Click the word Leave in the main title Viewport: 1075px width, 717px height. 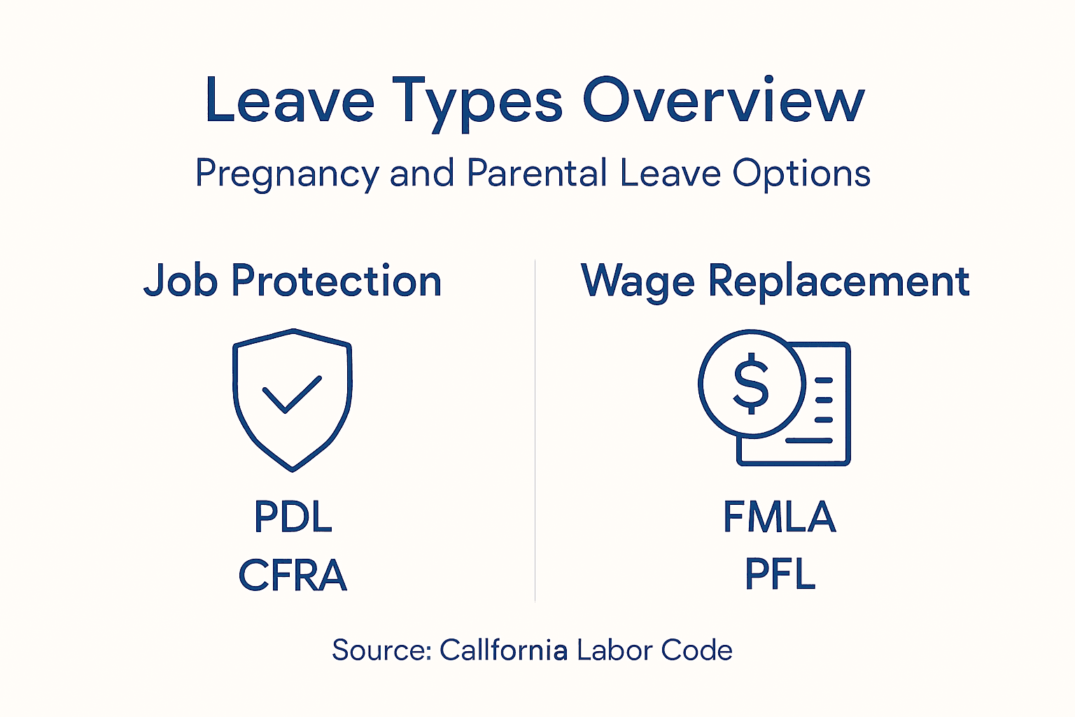pyautogui.click(x=289, y=102)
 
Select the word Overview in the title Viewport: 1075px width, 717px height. pyautogui.click(x=724, y=102)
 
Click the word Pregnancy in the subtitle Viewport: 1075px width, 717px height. pyautogui.click(x=286, y=174)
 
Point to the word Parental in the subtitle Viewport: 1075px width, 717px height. pyautogui.click(x=537, y=173)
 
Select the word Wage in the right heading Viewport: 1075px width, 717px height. pyautogui.click(x=638, y=282)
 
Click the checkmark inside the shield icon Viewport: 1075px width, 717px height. pyautogui.click(x=292, y=394)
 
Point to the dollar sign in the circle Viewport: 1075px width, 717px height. pyautogui.click(x=751, y=384)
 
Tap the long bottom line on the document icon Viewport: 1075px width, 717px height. pyautogui.click(x=808, y=440)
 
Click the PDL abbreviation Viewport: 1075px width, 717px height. pyautogui.click(x=293, y=517)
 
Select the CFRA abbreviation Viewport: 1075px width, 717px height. pyautogui.click(x=293, y=576)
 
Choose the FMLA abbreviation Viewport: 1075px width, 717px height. pyautogui.click(x=779, y=517)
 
